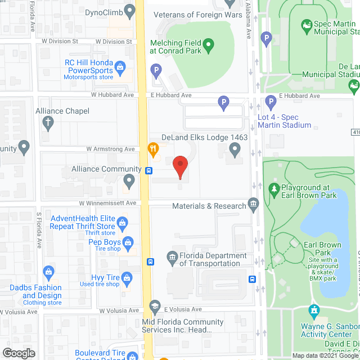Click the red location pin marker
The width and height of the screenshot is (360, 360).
(x=179, y=167)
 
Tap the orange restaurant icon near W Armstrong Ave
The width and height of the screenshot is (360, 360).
(x=152, y=148)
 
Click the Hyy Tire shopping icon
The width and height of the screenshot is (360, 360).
(x=128, y=277)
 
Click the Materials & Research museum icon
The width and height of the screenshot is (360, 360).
(x=253, y=204)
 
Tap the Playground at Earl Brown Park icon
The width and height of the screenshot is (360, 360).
(x=274, y=188)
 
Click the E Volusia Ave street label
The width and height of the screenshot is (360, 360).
(x=182, y=309)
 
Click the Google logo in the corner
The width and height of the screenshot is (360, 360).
(x=18, y=353)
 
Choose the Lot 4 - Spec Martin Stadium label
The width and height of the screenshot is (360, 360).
(x=283, y=120)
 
